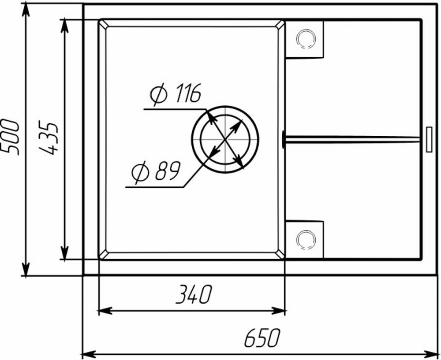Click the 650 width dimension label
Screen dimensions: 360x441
click(x=262, y=338)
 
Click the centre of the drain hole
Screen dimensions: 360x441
click(x=225, y=138)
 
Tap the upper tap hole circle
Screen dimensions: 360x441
click(x=306, y=39)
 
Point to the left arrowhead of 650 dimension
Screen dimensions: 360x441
click(x=88, y=353)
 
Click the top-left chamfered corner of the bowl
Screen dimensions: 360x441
click(x=103, y=24)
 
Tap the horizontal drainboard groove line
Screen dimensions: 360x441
click(x=353, y=139)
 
